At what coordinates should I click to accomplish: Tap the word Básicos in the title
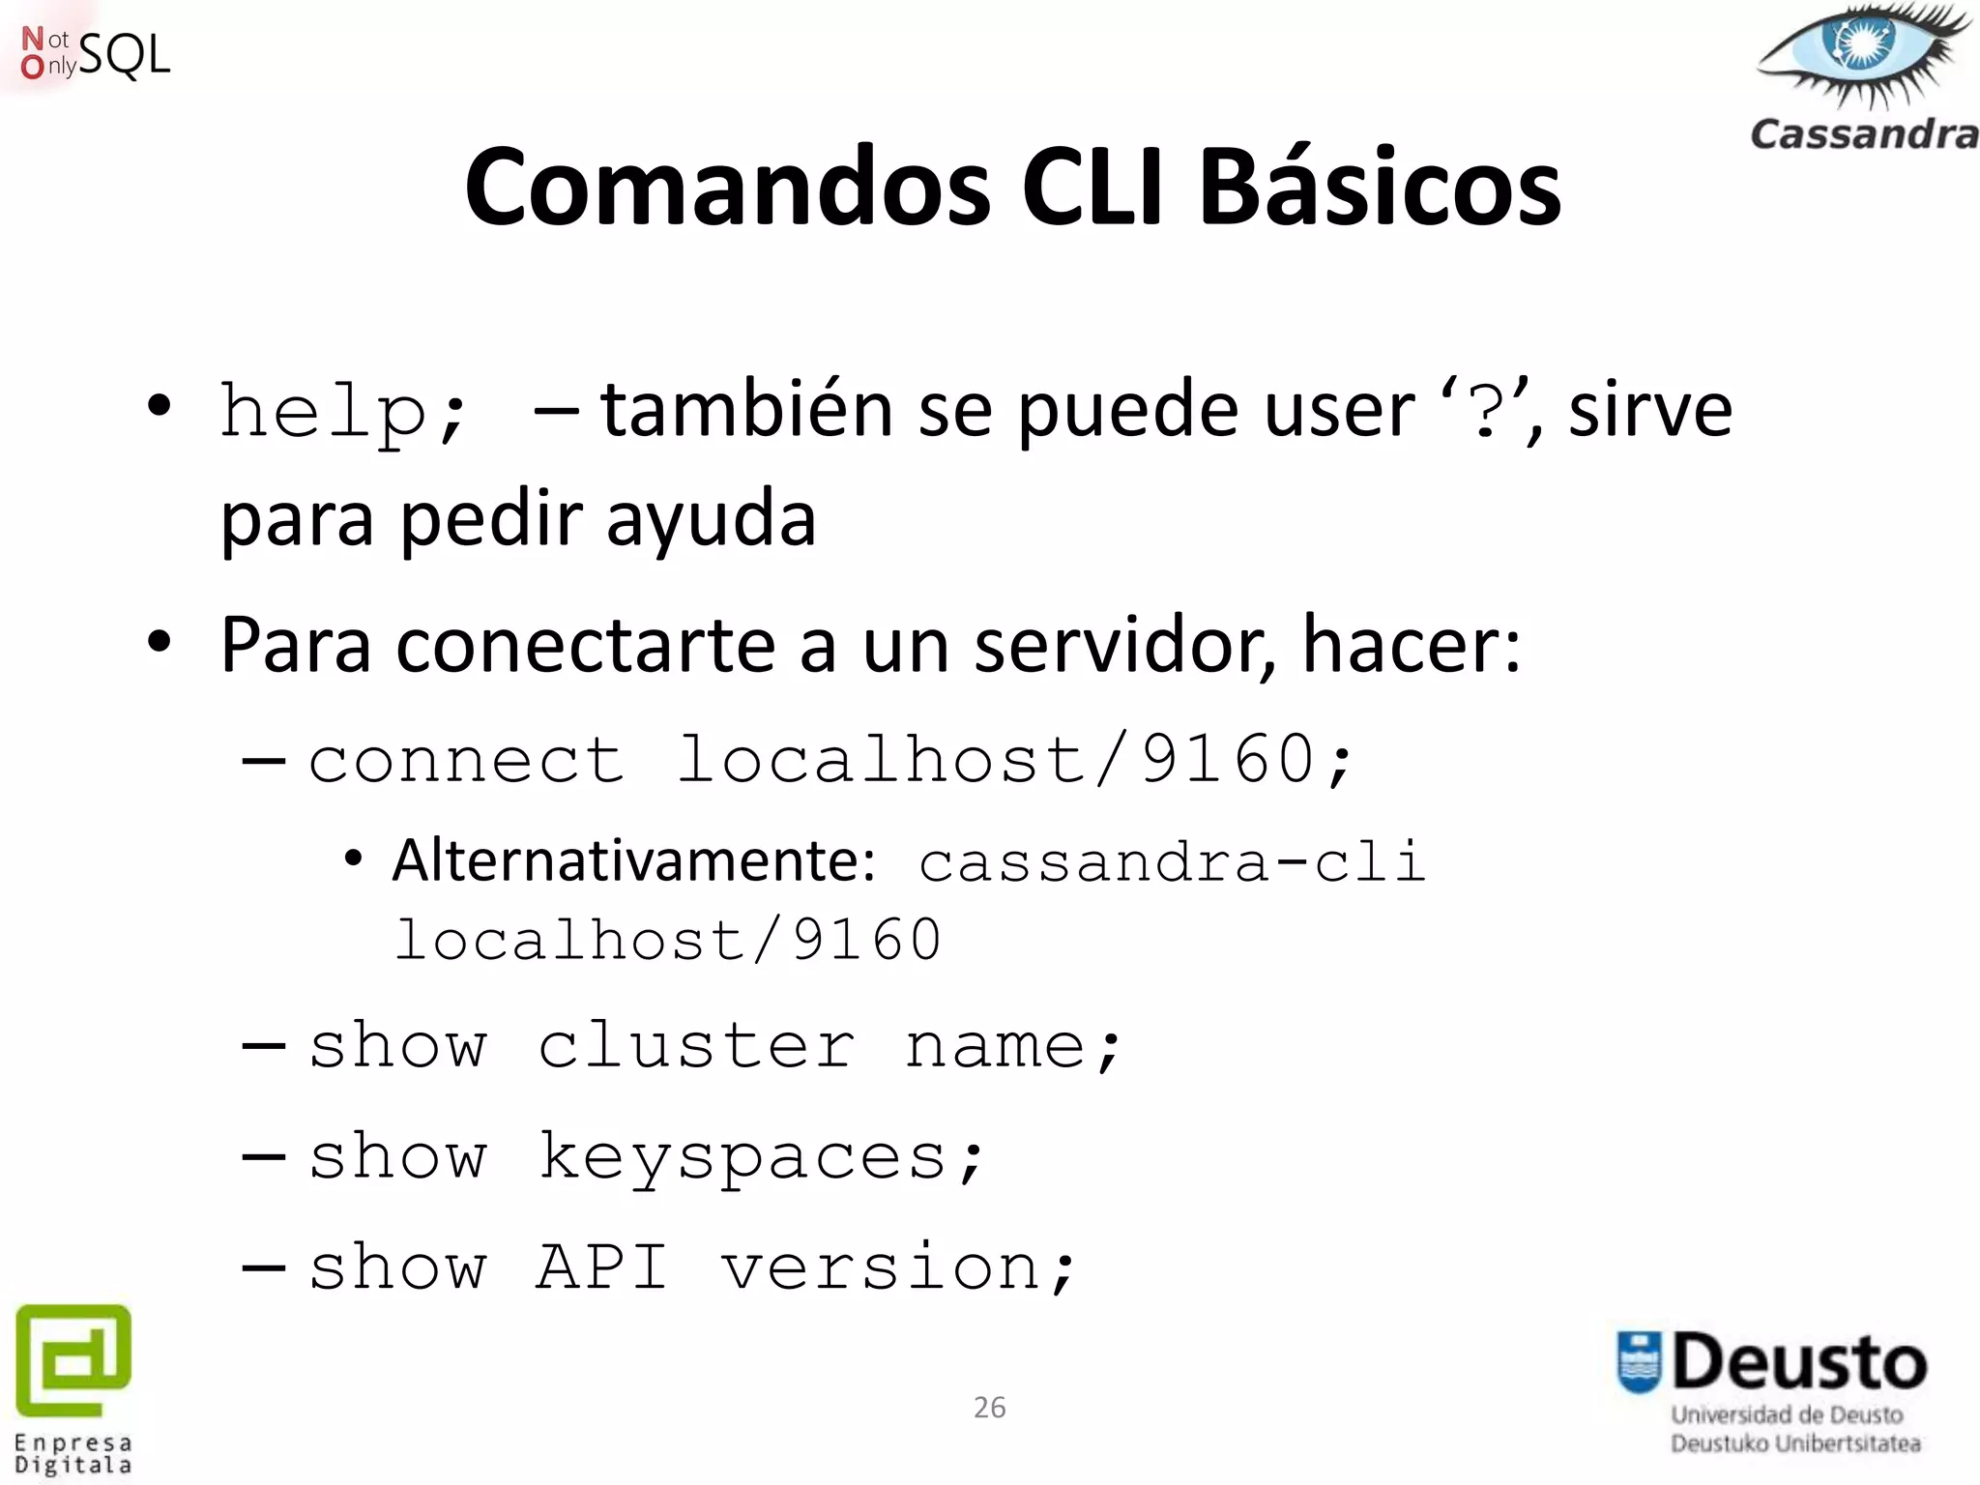[x=1380, y=186]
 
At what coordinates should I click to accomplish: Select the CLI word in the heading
[x=1092, y=186]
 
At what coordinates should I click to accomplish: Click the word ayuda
[x=711, y=519]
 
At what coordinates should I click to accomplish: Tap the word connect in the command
[x=466, y=760]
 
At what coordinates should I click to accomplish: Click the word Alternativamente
[x=633, y=859]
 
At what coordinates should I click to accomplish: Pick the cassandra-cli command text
[x=1172, y=861]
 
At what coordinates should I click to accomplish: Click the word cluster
[x=696, y=1046]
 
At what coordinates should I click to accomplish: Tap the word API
[x=601, y=1267]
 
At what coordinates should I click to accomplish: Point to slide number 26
[x=989, y=1408]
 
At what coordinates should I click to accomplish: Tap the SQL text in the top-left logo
[x=124, y=55]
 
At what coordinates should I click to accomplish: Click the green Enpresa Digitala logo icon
[x=73, y=1358]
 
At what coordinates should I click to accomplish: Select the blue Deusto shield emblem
[x=1639, y=1362]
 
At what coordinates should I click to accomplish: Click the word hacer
[x=1410, y=645]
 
